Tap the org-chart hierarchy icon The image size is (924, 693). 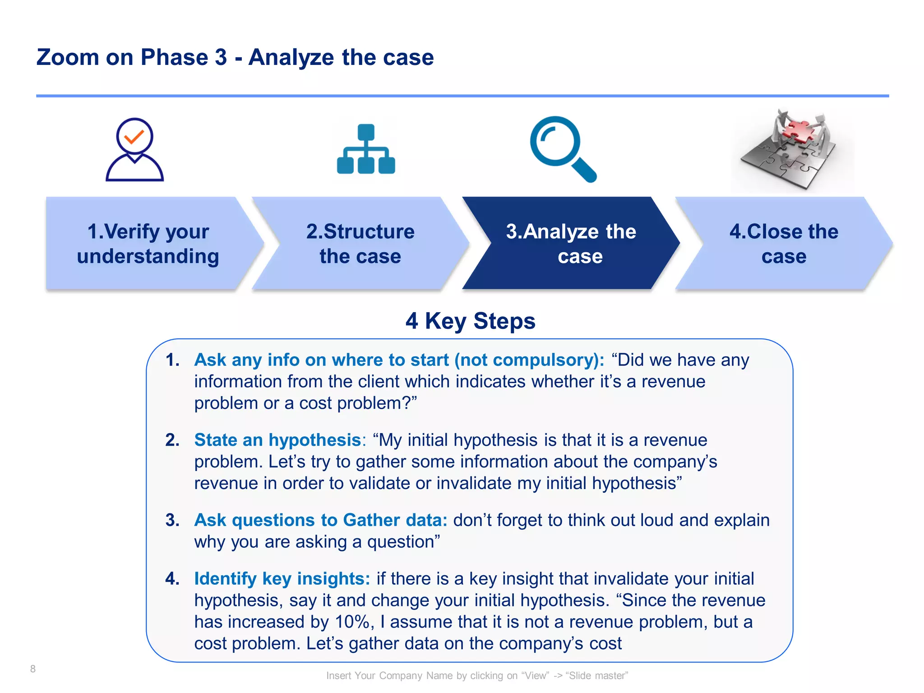[366, 149]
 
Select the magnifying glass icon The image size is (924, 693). [562, 149]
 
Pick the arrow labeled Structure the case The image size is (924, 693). [360, 244]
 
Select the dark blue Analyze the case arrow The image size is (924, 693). [571, 244]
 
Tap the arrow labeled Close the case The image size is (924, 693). [784, 244]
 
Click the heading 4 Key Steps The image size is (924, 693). [470, 321]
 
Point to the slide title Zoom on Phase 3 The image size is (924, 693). [235, 58]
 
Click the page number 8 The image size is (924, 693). [33, 669]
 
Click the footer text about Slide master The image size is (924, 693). [477, 675]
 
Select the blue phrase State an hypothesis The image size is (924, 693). [277, 440]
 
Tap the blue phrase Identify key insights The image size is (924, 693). [282, 578]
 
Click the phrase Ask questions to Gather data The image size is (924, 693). [320, 520]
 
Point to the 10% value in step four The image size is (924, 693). [352, 622]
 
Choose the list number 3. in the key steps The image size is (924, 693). [172, 520]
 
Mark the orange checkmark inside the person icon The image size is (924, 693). [134, 136]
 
